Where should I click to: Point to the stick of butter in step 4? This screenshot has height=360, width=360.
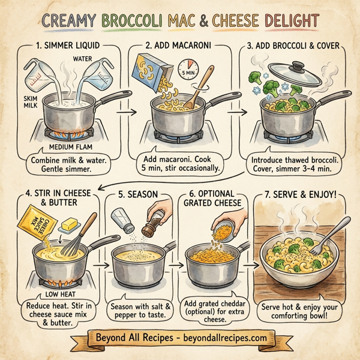65,225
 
